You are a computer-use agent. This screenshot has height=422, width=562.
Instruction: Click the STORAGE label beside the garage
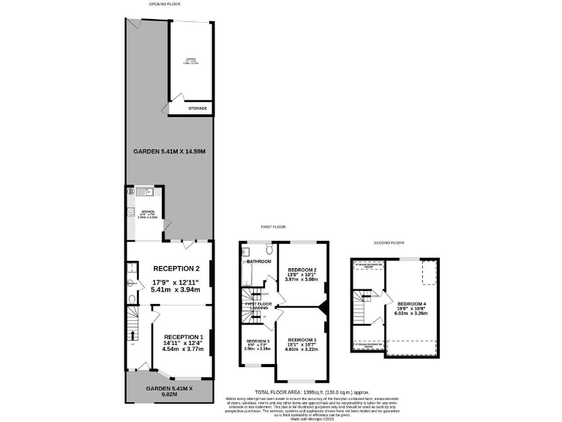pos(198,108)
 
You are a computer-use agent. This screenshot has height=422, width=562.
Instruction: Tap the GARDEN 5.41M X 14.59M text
pos(168,152)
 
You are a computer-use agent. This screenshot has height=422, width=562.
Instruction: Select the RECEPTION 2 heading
pos(176,268)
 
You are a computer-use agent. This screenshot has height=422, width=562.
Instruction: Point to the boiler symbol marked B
pos(131,192)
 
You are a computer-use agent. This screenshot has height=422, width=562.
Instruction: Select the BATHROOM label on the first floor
pos(258,262)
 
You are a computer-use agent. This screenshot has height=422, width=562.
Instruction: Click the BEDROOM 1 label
pos(301,340)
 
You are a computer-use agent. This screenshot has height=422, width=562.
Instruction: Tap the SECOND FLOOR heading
pos(389,243)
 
